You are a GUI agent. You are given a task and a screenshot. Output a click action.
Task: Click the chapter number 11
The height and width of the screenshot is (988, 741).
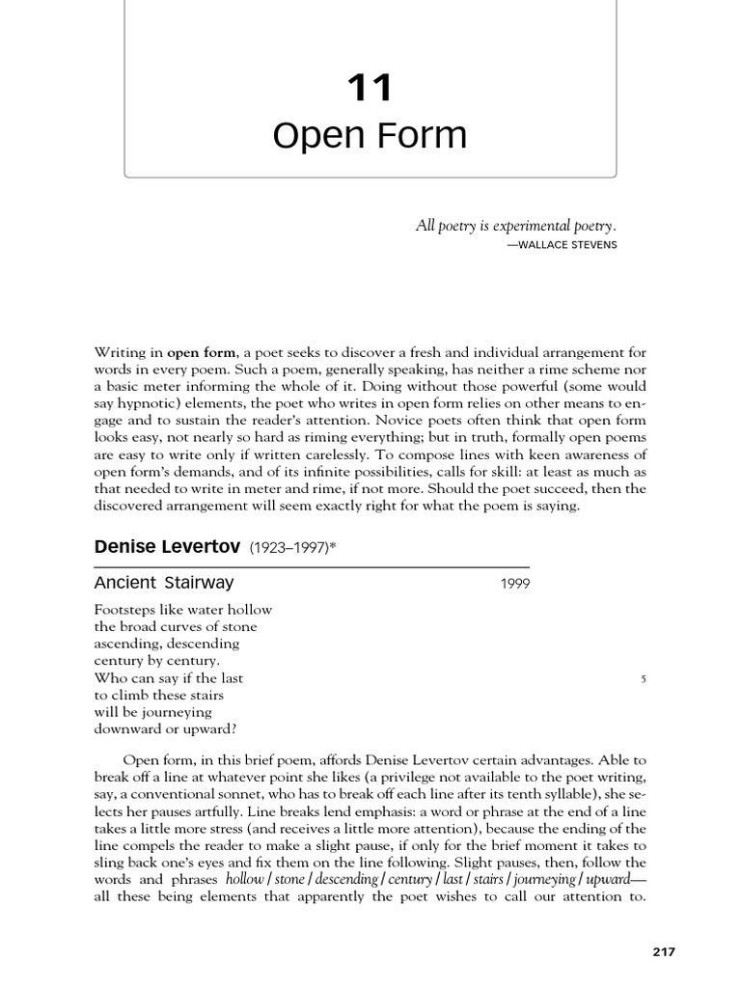point(370,89)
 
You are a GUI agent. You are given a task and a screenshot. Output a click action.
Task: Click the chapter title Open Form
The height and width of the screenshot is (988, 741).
point(370,136)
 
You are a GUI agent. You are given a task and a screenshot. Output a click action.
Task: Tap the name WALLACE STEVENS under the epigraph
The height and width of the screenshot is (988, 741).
point(562,245)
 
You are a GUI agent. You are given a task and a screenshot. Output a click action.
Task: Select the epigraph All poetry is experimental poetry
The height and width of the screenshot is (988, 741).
point(515,226)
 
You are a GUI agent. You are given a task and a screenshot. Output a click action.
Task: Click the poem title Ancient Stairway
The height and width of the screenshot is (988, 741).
point(164,583)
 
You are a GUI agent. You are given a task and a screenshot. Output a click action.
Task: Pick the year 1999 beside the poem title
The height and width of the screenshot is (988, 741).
point(514,584)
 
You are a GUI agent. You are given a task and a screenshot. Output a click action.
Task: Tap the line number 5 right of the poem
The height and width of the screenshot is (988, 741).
point(644,678)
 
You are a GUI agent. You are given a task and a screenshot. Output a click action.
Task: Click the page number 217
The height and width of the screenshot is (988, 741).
point(663,951)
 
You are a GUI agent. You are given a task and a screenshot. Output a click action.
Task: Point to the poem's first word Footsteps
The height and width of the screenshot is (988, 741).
point(125,610)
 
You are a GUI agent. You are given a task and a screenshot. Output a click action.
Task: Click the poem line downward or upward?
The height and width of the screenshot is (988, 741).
point(165,728)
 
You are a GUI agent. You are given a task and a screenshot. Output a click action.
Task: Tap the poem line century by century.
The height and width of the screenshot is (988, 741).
point(156,661)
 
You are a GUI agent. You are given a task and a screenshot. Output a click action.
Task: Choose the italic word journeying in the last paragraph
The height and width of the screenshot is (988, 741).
point(543,880)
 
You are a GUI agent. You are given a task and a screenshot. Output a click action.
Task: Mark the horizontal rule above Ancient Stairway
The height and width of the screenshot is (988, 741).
point(312,566)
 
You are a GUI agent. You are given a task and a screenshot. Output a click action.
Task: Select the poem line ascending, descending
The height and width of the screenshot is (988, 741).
point(166,644)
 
